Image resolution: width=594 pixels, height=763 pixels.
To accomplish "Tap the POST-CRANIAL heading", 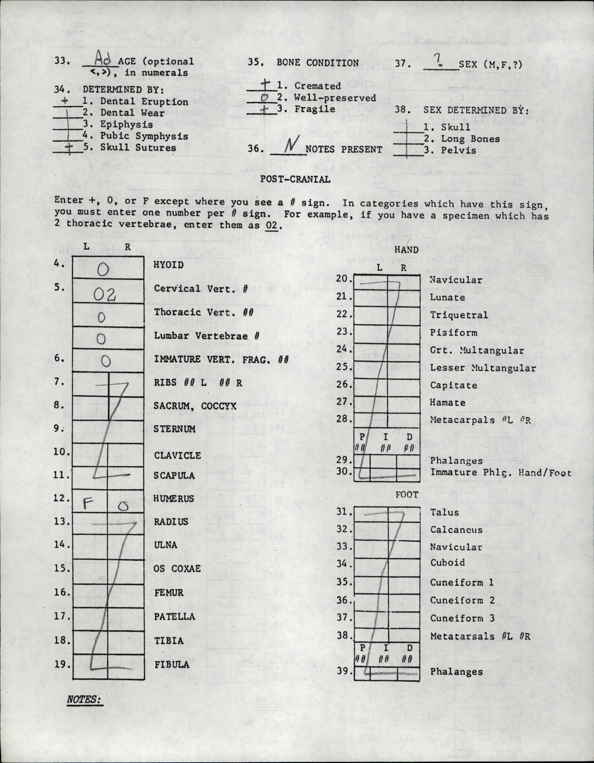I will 295,179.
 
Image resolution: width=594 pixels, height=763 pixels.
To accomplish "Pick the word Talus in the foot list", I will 444,512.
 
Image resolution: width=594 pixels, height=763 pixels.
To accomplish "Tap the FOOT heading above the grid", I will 407,495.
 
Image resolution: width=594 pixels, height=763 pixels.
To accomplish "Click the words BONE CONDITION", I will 317,63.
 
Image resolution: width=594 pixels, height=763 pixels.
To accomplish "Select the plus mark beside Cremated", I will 266,84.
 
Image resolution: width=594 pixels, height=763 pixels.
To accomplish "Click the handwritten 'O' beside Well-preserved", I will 265,98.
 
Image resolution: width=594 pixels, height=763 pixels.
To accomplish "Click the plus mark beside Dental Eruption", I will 64,101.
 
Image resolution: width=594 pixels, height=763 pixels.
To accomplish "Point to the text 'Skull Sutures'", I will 138,147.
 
